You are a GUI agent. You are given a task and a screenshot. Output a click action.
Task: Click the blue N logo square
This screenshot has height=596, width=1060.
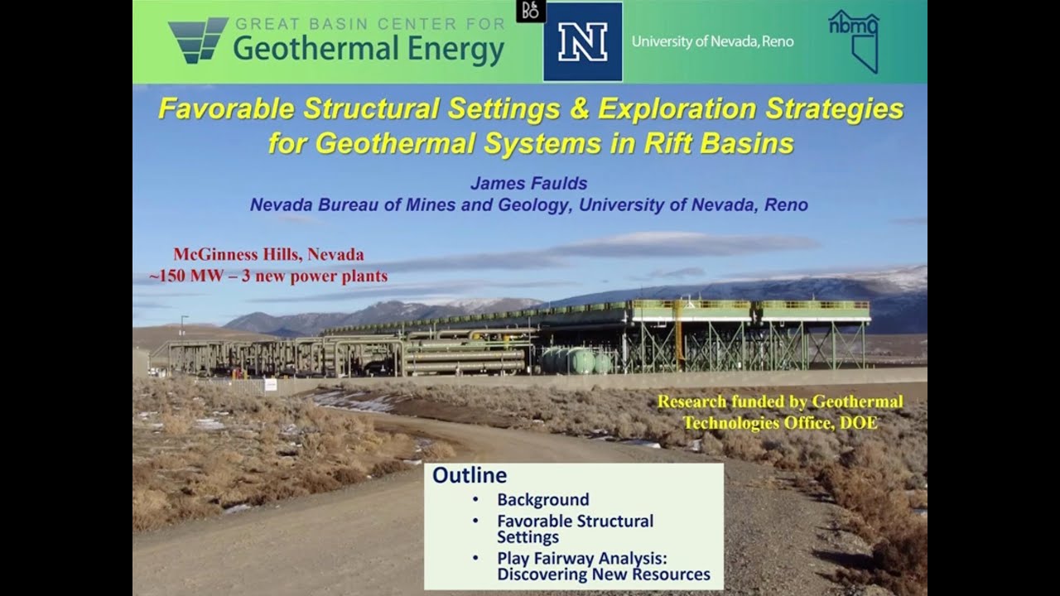pos(582,41)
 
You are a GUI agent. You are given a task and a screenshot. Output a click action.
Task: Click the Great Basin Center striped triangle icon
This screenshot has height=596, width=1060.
pos(197,40)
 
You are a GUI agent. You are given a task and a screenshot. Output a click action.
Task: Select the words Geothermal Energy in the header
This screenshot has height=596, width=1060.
pos(369,50)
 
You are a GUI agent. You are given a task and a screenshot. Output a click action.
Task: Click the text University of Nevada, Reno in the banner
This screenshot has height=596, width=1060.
pos(712,41)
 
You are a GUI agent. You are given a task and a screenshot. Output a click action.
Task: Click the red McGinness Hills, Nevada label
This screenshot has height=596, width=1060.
pos(268,255)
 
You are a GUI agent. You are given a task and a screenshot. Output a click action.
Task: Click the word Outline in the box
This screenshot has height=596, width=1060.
pos(470,475)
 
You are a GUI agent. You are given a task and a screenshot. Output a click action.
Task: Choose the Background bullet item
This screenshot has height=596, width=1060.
pos(542,500)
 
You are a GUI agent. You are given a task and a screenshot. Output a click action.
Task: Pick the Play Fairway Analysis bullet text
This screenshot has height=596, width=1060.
pos(603,566)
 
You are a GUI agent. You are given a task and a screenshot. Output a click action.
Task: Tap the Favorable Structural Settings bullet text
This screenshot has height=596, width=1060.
pos(575,528)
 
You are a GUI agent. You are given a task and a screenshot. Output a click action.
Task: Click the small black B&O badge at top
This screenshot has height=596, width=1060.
pos(530,11)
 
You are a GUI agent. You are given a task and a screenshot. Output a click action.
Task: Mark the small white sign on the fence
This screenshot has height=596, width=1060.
pos(270,385)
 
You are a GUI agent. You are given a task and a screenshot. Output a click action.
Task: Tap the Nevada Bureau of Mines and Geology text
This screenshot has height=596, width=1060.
pos(410,204)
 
